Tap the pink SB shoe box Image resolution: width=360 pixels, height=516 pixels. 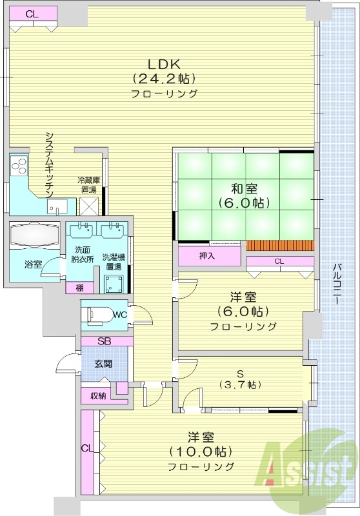tap(106, 341)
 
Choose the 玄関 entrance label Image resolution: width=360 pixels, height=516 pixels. tap(103, 363)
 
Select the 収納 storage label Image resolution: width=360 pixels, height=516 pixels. tap(97, 395)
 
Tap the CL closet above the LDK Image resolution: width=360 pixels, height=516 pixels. tap(32, 13)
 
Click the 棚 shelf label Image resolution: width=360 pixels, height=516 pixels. tap(79, 288)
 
